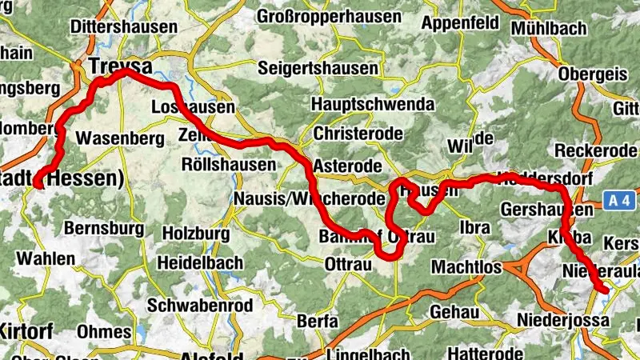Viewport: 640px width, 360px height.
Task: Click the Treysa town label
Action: (120, 65)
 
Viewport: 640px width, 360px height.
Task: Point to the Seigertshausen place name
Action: (318, 68)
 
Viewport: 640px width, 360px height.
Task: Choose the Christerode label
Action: (358, 133)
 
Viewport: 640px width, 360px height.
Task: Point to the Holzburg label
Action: (195, 234)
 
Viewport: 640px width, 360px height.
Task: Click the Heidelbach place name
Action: (199, 262)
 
